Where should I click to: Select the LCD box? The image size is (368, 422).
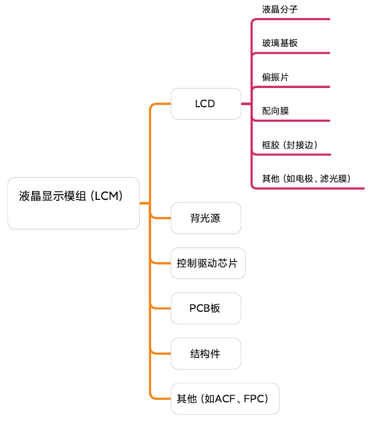205,104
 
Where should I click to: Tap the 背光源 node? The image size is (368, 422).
205,218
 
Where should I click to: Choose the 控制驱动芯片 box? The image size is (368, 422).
208,263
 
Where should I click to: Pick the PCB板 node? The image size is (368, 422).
205,308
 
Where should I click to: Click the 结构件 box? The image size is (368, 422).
205,354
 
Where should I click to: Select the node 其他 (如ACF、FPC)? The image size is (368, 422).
225,399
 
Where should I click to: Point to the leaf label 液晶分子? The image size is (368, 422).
280,9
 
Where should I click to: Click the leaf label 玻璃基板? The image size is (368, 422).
280,43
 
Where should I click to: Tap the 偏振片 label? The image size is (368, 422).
275,77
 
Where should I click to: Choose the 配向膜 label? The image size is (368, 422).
275,111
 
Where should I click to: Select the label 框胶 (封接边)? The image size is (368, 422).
289,145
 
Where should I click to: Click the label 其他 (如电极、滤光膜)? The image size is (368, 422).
306,179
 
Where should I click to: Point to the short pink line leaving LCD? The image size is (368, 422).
246,104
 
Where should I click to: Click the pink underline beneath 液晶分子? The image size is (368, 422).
292,19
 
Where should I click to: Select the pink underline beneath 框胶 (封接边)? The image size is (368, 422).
292,154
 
